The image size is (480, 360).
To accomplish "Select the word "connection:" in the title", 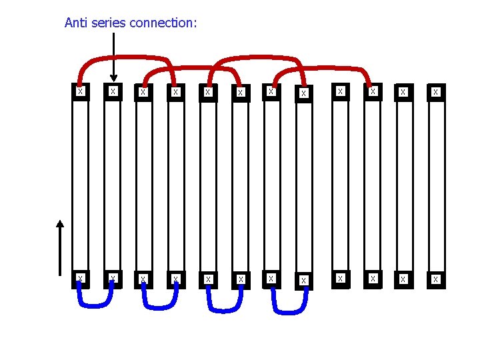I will tap(163, 23).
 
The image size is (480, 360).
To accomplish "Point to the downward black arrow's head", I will tap(113, 77).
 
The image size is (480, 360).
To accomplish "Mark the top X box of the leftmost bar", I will tap(80, 91).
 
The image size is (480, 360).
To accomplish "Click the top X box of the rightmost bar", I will tap(436, 92).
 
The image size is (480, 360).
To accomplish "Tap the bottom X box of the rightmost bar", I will tap(436, 279).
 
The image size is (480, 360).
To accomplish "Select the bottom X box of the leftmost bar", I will tap(80, 278).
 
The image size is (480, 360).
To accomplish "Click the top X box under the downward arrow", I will tap(113, 91).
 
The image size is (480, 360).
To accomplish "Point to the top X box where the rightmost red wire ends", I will tap(373, 91).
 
